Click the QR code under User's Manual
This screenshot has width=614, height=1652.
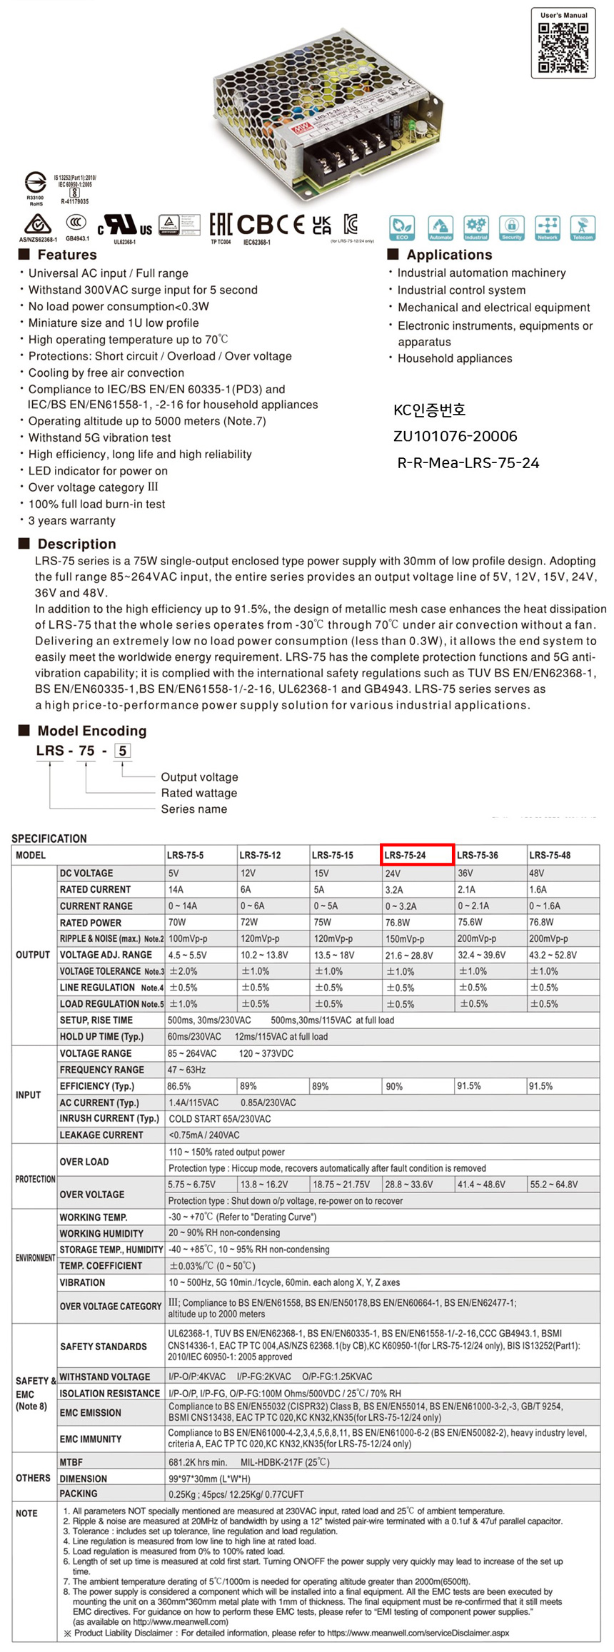point(563,48)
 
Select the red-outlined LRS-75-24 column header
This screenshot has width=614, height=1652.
point(418,855)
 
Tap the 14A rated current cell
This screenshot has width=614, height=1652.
point(176,890)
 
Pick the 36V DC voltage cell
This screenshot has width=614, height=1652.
point(465,873)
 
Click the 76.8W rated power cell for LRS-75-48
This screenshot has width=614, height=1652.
point(540,922)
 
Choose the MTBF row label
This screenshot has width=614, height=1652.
point(71,1462)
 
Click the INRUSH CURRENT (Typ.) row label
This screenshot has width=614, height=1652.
point(109,1118)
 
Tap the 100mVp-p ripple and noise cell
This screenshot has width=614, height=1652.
point(188,938)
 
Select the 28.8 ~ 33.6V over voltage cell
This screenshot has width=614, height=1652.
point(409,1185)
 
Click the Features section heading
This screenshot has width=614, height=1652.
point(66,255)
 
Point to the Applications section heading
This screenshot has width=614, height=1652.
point(449,255)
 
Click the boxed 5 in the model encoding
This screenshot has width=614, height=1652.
point(123,751)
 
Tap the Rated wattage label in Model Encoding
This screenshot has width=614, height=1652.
point(198,793)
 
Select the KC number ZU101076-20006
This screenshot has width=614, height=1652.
point(455,436)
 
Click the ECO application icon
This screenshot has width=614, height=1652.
point(402,228)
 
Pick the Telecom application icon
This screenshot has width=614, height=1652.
point(583,228)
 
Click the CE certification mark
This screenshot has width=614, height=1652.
point(291,225)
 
